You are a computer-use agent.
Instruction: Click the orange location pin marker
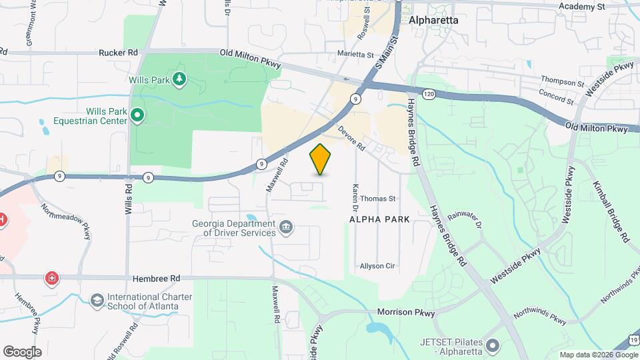tap(321, 159)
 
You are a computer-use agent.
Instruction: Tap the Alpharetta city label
tap(433, 20)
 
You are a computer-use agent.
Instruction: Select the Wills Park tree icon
tap(179, 80)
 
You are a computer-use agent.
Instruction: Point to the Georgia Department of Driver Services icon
tap(286, 228)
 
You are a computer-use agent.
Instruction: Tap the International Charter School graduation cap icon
tap(97, 301)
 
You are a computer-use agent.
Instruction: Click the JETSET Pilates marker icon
tap(493, 345)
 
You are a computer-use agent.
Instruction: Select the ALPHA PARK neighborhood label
tap(379, 219)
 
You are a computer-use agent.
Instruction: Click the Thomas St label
tap(378, 199)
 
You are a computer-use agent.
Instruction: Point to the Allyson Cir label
tap(377, 266)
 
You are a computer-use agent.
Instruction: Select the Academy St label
tap(581, 7)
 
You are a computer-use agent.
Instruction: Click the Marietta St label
tap(355, 55)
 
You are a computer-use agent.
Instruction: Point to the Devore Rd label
tap(352, 138)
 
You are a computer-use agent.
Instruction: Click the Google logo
tap(22, 352)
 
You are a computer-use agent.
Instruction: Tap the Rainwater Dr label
tap(464, 219)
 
